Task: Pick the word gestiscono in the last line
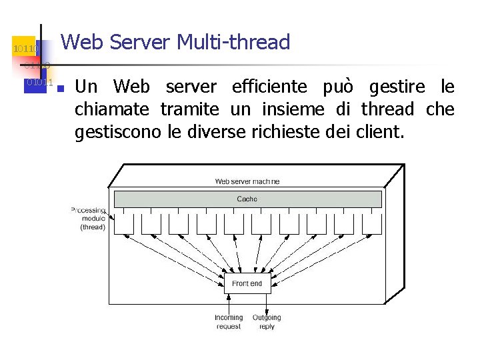(117, 131)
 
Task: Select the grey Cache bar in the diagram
(247, 199)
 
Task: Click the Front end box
(247, 283)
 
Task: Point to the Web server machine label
(247, 181)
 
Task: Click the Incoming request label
(229, 322)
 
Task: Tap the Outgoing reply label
(267, 322)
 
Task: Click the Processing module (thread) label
(90, 219)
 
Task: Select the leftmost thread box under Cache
(123, 223)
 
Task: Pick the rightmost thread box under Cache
(370, 223)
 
